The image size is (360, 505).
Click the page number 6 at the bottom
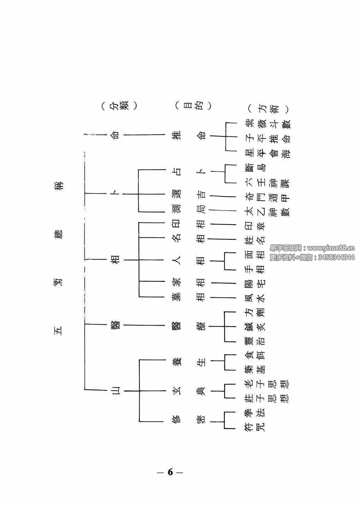[x=170, y=472]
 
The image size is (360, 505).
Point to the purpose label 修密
[x=191, y=421]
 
